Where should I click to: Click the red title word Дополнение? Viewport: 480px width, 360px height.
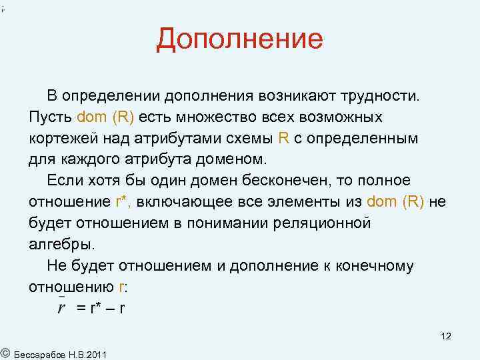tap(239, 39)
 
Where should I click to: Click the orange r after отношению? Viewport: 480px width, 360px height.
tap(120, 287)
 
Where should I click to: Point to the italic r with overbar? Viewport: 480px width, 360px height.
tap(61, 308)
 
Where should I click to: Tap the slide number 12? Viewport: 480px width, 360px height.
tap(446, 337)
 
